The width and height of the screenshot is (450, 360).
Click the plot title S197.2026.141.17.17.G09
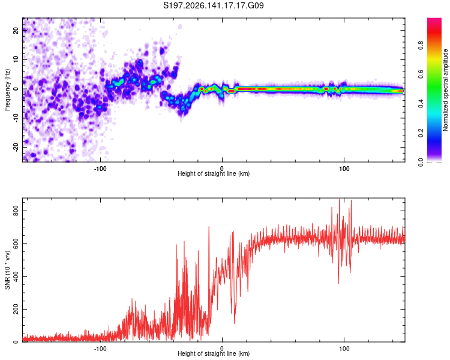[213, 5]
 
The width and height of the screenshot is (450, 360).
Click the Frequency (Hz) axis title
[7, 90]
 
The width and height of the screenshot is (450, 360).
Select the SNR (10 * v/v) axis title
[7, 270]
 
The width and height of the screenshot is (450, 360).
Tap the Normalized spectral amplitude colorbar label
[445, 90]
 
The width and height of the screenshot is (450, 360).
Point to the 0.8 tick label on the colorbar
[421, 46]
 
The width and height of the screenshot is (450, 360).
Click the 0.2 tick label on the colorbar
[421, 133]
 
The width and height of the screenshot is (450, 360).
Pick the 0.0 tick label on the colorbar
[421, 162]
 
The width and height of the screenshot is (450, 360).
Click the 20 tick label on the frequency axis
[16, 31]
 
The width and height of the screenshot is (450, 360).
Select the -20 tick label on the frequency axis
[16, 147]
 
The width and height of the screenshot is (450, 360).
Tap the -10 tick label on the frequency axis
[16, 118]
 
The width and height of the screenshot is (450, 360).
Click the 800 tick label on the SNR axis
[16, 211]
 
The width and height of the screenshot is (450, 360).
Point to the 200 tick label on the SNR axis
[16, 309]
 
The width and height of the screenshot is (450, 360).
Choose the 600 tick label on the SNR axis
[16, 244]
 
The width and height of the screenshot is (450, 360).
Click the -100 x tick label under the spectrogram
[100, 169]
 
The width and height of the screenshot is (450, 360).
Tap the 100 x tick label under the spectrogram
[344, 169]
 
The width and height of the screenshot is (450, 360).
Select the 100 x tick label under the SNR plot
[344, 349]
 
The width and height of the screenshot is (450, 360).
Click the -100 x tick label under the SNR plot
[100, 349]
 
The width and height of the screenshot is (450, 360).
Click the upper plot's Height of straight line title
[214, 173]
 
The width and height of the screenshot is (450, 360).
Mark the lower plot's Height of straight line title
[214, 353]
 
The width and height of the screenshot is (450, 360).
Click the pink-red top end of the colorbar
[434, 20]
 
